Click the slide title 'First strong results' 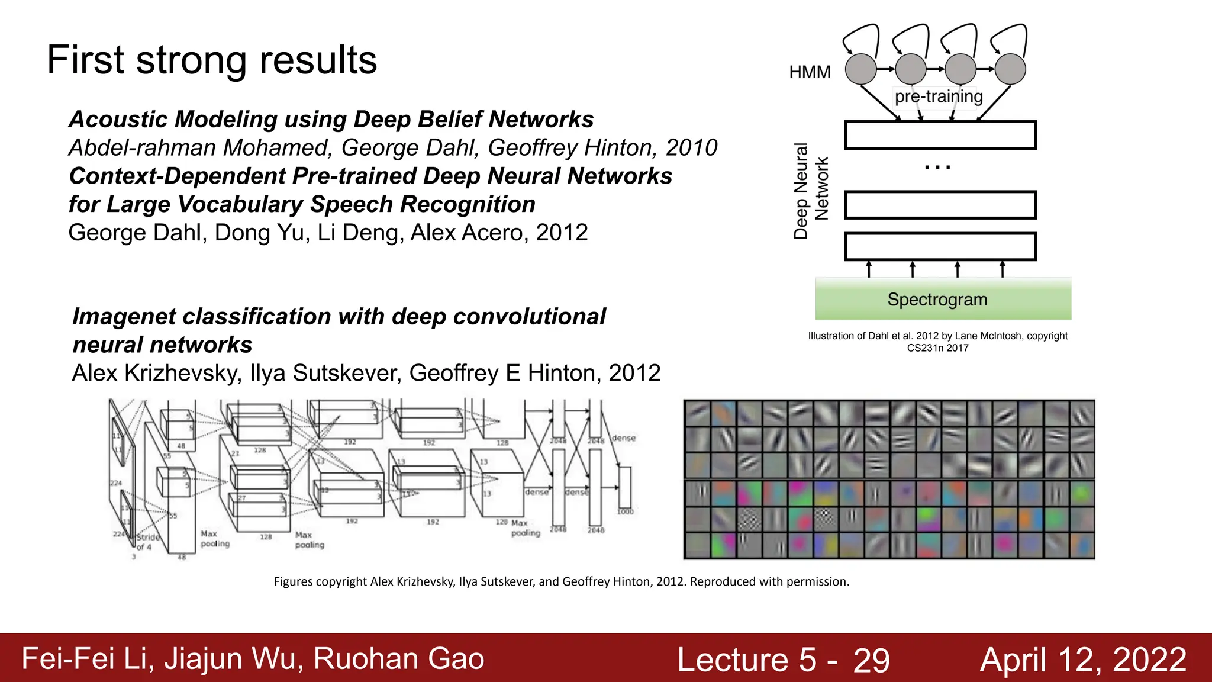tap(212, 60)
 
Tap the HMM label tap(810, 72)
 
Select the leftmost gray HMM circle tap(860, 69)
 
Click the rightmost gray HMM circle tap(1010, 69)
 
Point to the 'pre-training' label tap(939, 96)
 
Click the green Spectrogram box tap(943, 299)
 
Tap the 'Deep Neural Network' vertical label tap(810, 190)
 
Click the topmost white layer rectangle tap(940, 135)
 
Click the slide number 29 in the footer tap(871, 660)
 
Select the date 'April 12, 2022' tap(1083, 660)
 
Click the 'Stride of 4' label tap(147, 542)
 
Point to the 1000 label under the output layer tap(625, 512)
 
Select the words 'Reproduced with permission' tap(769, 581)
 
